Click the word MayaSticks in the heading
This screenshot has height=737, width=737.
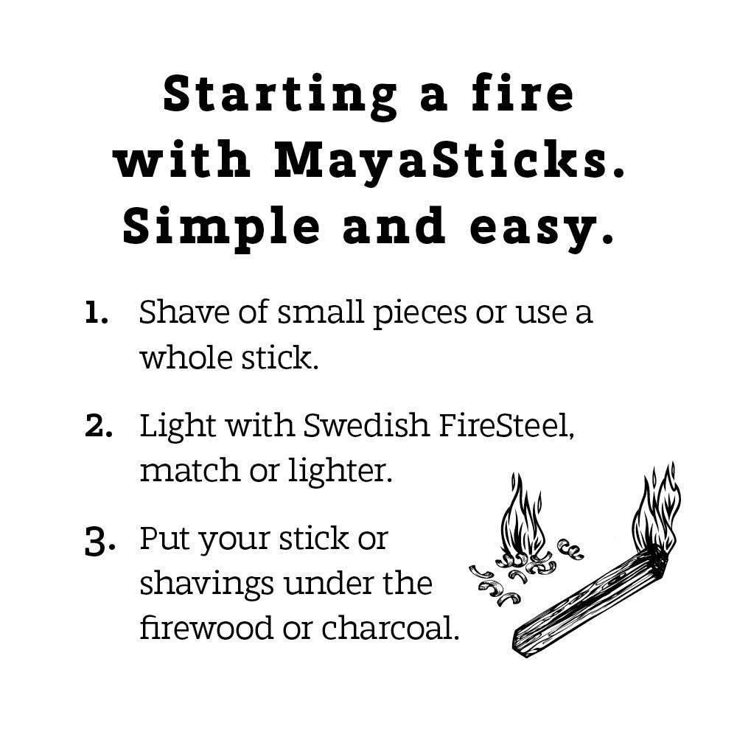point(449,161)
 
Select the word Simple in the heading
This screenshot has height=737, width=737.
point(221,228)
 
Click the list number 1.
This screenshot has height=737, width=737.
point(97,313)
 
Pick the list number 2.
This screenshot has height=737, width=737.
point(99,426)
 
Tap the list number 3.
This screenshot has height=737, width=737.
point(99,542)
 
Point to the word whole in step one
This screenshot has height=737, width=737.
point(186,357)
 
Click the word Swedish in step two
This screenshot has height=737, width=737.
point(366,425)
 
